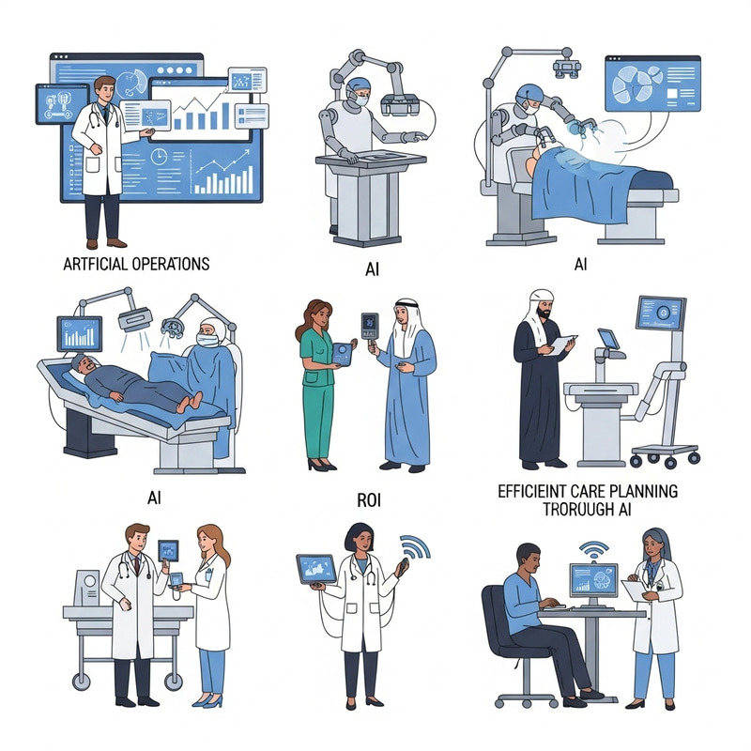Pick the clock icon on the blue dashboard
click(159, 156)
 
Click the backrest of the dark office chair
click(495, 620)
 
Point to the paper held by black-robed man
click(560, 345)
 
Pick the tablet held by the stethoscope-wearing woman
click(316, 569)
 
